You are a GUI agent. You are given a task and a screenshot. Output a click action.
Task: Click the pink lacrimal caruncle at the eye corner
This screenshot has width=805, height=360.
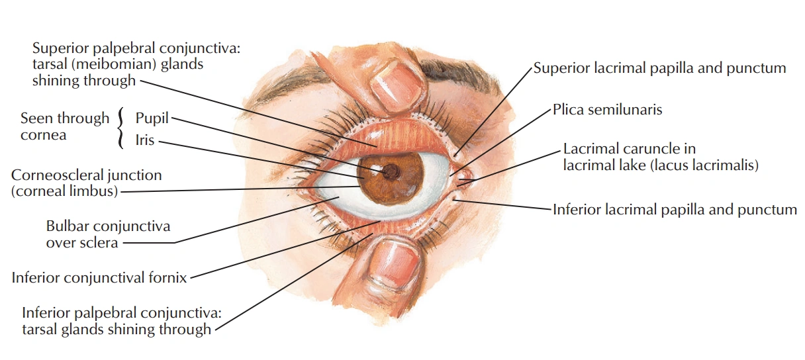tap(465, 177)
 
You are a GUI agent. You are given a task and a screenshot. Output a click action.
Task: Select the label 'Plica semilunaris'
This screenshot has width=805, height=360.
tap(607, 110)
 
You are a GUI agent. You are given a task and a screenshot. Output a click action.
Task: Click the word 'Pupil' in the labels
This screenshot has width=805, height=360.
tap(152, 118)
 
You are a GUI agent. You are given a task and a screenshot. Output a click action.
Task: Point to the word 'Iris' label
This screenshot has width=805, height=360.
tap(145, 140)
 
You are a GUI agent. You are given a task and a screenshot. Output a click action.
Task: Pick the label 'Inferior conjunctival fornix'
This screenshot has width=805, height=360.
tap(99, 277)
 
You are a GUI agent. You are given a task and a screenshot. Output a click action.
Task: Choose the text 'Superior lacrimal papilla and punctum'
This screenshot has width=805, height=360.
tap(659, 68)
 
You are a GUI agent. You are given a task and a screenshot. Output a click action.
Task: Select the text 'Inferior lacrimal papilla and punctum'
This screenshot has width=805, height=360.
tap(675, 210)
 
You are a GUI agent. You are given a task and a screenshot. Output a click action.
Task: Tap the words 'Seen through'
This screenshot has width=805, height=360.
tap(65, 118)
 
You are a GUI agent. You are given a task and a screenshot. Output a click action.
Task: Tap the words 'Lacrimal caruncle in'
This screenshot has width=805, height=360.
tap(629, 149)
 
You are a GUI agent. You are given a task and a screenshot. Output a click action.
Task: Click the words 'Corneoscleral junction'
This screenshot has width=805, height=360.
tap(86, 175)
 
